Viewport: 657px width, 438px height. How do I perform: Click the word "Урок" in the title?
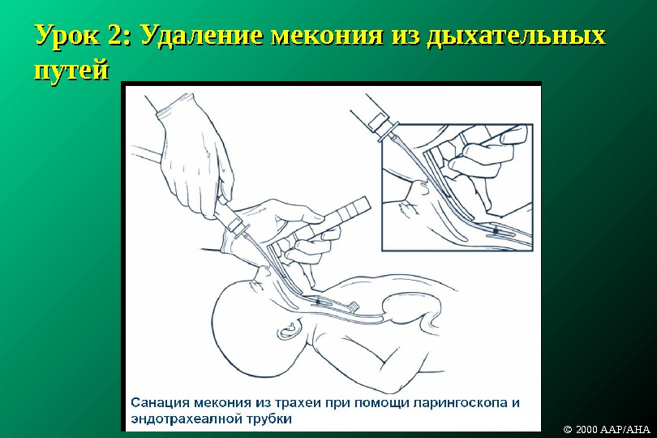click(67, 34)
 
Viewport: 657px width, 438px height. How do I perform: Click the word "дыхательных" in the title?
click(516, 36)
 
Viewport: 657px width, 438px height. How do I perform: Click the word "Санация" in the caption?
click(157, 403)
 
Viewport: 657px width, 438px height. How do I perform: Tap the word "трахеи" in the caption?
click(298, 403)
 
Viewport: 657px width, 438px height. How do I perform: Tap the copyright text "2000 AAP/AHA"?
click(612, 430)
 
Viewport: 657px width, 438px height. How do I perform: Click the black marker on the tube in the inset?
click(496, 230)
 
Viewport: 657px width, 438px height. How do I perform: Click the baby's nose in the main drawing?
click(264, 272)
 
